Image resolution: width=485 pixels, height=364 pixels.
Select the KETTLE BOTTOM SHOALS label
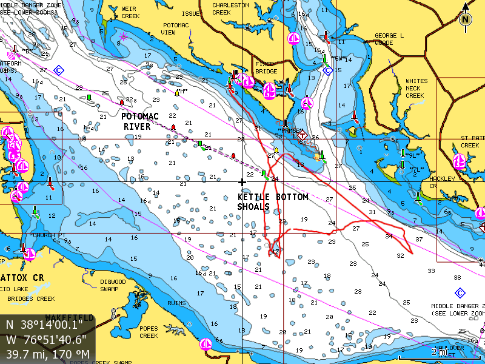click(273, 202)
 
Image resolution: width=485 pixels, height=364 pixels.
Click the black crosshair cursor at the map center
click(242, 182)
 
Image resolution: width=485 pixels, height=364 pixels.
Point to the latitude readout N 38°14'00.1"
click(45, 325)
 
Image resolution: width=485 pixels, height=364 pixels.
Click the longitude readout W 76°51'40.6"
click(45, 339)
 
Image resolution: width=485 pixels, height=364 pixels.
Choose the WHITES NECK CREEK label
click(416, 88)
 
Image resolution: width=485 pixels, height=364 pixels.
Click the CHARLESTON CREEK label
click(230, 8)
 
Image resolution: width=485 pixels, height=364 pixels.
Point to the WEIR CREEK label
click(130, 12)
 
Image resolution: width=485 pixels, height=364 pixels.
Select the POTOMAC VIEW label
click(176, 29)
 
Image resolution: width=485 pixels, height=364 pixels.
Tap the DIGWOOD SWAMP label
click(113, 285)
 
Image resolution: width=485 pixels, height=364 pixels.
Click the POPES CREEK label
click(149, 332)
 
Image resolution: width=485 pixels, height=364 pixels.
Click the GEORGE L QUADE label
click(389, 39)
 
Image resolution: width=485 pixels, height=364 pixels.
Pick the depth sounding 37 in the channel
click(419, 239)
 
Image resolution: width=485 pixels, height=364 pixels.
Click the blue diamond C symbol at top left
click(59, 70)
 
